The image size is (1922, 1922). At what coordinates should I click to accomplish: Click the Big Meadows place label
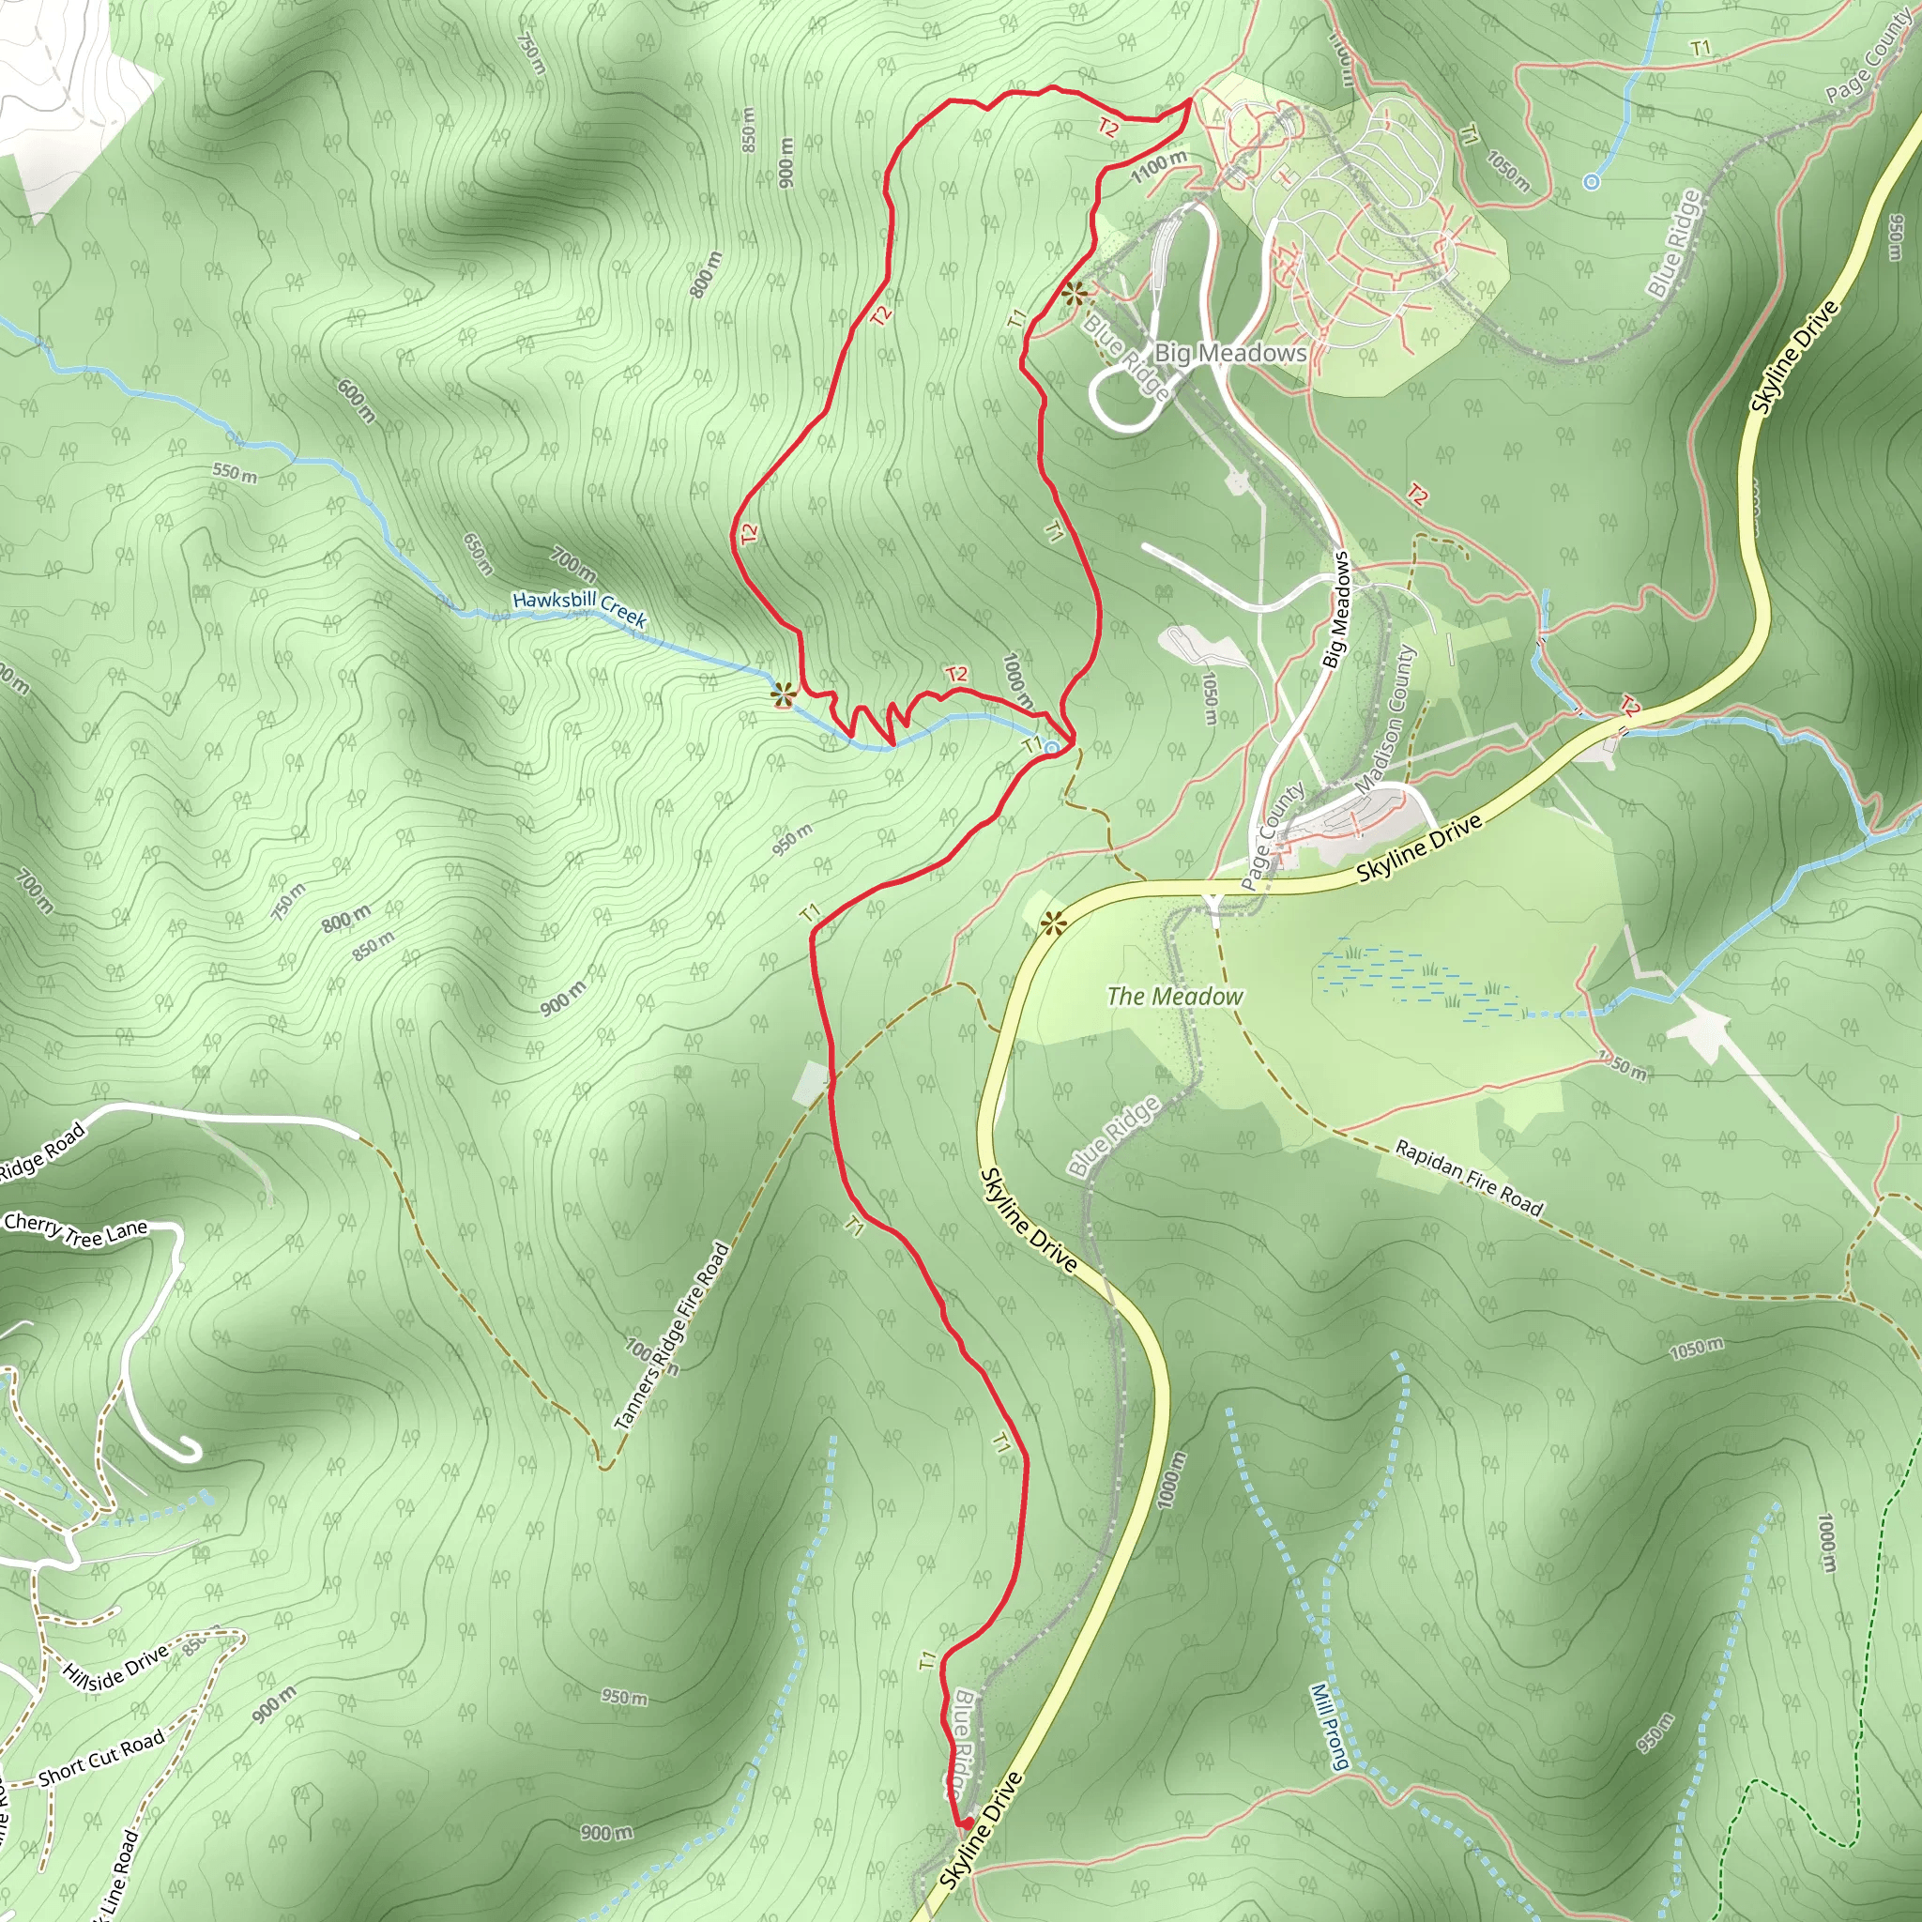point(1229,353)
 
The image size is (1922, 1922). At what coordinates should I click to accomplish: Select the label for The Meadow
point(1174,996)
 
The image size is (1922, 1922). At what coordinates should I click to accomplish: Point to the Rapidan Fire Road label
point(1469,1179)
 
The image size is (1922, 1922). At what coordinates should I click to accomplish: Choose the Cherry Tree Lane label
point(76,1228)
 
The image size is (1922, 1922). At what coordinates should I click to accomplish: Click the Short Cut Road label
point(101,1759)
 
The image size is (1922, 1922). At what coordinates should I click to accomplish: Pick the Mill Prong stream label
point(1329,1726)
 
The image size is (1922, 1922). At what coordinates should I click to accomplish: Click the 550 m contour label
point(235,473)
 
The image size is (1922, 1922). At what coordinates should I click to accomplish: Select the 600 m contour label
point(356,401)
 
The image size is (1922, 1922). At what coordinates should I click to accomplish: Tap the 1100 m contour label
point(1159,166)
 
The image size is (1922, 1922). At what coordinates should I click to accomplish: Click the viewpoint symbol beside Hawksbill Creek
point(783,694)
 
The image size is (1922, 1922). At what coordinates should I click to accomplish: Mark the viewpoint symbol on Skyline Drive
point(1054,924)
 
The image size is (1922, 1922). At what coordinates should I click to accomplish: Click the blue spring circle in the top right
point(1591,182)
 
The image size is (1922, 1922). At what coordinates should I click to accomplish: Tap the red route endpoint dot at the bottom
point(964,1823)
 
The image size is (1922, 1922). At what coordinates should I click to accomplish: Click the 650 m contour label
point(479,554)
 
